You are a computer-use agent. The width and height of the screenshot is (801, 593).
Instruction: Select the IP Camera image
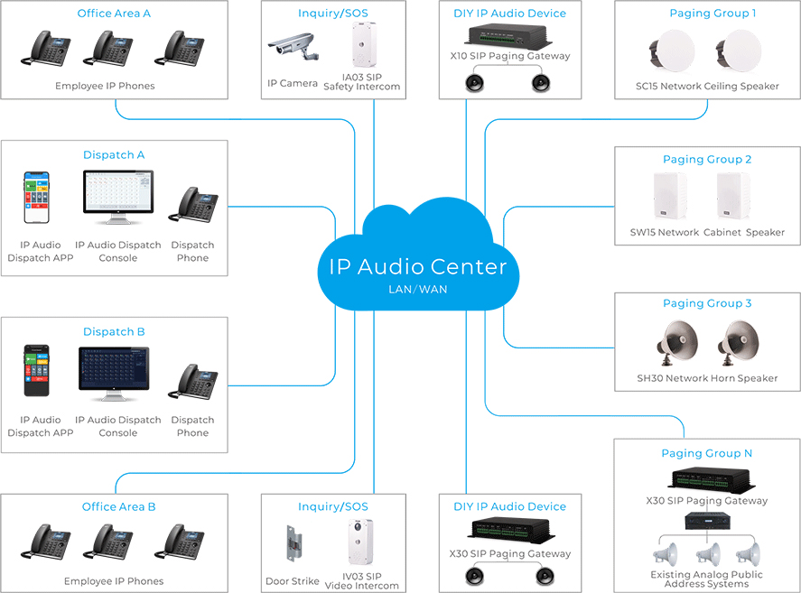click(x=293, y=46)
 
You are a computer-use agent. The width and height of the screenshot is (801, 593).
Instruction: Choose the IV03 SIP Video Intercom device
click(x=360, y=542)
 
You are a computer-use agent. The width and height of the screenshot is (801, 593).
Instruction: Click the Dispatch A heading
click(x=114, y=155)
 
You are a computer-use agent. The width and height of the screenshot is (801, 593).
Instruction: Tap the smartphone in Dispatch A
click(x=37, y=198)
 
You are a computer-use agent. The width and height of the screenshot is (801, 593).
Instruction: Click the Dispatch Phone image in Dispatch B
click(x=192, y=383)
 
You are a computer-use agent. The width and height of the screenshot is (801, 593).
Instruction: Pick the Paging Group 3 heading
click(x=707, y=304)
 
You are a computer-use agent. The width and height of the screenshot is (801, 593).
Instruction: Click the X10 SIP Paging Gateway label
click(x=509, y=56)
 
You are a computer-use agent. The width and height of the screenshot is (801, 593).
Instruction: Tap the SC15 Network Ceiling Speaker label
click(x=707, y=87)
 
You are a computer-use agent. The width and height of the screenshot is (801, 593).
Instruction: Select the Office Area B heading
click(x=118, y=507)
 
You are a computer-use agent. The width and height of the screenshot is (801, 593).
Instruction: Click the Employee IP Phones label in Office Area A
click(x=105, y=86)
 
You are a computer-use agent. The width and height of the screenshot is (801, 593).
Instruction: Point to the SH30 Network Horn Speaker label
click(x=707, y=378)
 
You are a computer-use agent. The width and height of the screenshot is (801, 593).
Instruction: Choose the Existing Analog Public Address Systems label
click(x=706, y=579)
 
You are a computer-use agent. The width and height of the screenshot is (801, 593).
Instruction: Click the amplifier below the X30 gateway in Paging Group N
click(x=706, y=522)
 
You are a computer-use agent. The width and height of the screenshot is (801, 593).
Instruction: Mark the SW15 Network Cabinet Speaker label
click(x=707, y=232)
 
